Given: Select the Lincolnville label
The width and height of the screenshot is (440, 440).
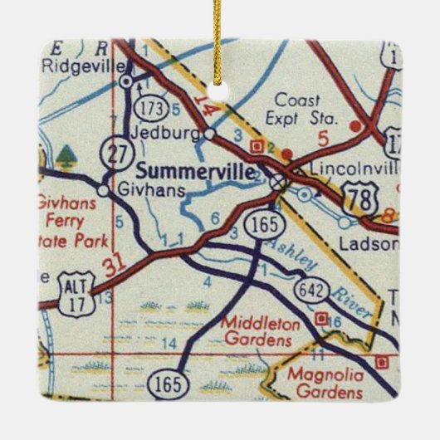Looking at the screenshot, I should coord(350,167).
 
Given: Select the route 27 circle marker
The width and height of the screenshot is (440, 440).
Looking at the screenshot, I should coord(111,153).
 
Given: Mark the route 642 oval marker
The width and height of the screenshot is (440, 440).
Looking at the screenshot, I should coord(309,290).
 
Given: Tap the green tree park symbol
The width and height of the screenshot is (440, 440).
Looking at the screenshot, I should coord(64,153).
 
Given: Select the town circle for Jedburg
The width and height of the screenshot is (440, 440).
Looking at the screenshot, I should coord(210,132).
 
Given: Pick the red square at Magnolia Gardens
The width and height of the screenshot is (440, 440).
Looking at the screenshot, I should coord(381,361).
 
